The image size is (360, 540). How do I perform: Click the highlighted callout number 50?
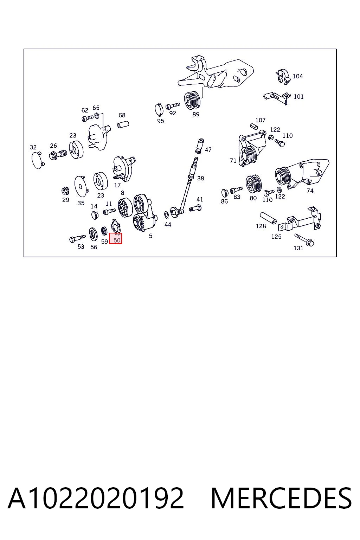point(117,240)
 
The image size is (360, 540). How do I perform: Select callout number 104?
point(297,76)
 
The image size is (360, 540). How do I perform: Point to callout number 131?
point(298,248)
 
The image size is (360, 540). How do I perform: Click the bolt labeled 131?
point(304,240)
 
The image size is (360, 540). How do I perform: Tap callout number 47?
point(208,150)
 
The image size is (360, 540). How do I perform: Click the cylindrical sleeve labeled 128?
point(268,218)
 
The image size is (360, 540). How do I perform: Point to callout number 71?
point(233,161)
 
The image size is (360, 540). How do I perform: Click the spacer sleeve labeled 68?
point(123,125)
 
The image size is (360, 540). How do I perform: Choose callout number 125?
point(276,237)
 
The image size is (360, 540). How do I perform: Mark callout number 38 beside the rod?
point(201,178)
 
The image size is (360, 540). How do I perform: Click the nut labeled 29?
point(65,191)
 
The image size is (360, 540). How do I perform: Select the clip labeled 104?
point(283,77)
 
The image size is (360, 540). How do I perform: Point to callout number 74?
point(310,191)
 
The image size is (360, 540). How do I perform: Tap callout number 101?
point(298,97)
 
